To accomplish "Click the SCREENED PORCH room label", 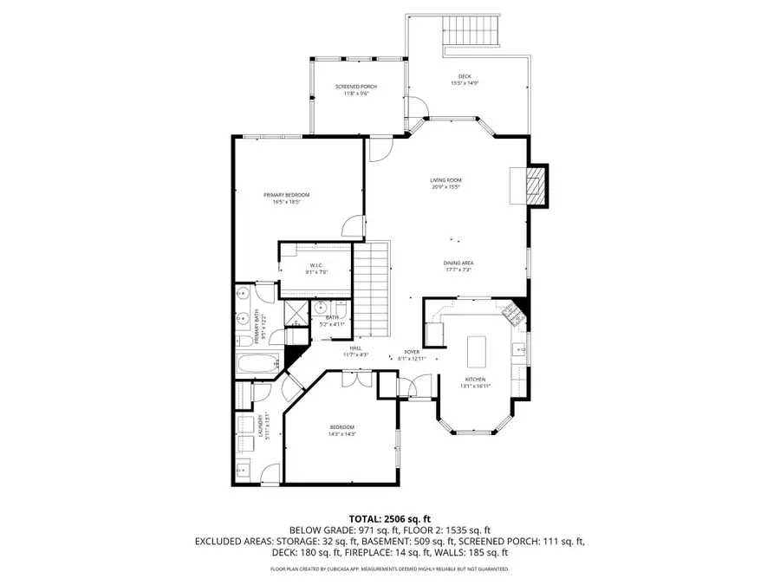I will [356, 87].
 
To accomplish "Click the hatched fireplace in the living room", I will [536, 185].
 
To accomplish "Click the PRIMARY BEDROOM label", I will [286, 195].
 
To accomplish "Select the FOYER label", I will [412, 352].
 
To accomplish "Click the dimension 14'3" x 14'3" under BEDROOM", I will [341, 433].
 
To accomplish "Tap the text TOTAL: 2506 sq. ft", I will [389, 517].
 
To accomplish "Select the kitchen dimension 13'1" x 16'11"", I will [476, 386].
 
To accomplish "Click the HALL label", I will [356, 348].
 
